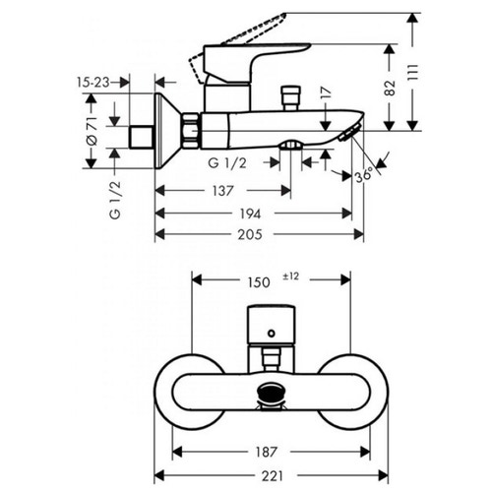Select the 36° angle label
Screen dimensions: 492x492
[364, 174]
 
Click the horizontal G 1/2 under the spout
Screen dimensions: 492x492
[227, 161]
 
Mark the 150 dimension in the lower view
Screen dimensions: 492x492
[258, 281]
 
